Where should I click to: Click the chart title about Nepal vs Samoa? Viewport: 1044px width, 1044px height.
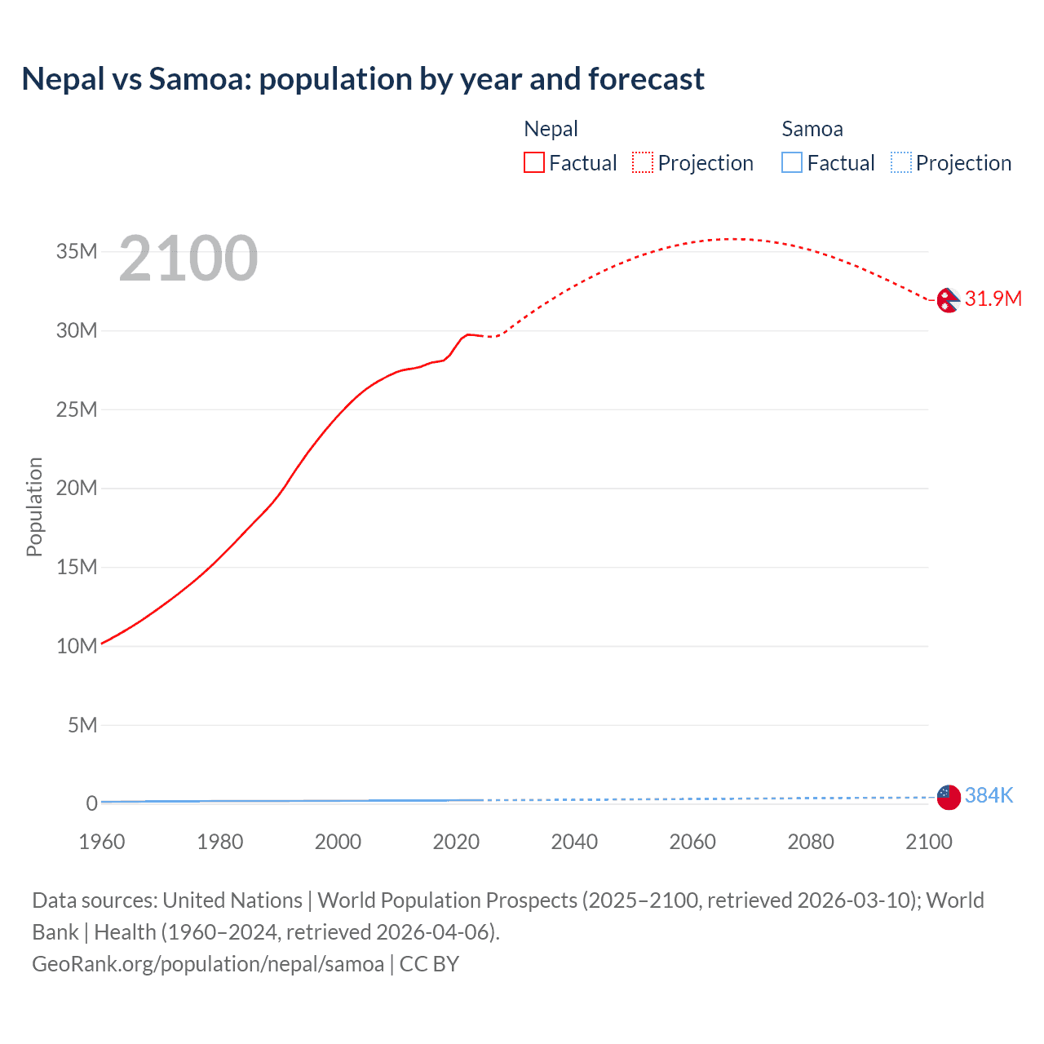coord(363,79)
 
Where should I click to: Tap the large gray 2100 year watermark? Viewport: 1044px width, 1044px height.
coord(188,259)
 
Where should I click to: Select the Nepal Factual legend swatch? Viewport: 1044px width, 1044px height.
coord(533,162)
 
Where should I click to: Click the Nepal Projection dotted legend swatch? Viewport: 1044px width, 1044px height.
coord(643,162)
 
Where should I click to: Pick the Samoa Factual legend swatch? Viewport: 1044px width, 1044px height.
coord(791,162)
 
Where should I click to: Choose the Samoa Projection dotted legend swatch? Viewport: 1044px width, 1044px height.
coord(900,162)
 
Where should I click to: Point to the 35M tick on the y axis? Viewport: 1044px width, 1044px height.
coord(77,251)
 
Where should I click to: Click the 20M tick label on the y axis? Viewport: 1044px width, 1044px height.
coord(77,488)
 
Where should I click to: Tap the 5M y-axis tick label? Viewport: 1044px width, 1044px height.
coord(82,725)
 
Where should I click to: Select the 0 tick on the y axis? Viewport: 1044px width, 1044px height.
coord(91,803)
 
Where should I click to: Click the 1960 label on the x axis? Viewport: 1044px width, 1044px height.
coord(102,842)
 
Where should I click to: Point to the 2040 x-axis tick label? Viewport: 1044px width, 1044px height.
coord(574,842)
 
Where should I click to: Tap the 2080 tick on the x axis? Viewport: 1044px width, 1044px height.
coord(811,842)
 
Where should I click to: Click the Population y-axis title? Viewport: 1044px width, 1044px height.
coord(34,507)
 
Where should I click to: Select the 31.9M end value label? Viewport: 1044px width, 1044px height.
coord(993,299)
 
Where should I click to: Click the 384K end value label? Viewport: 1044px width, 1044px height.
coord(989,795)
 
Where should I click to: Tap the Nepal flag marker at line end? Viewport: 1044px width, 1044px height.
coord(948,300)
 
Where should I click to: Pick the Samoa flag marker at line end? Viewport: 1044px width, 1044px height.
coord(948,797)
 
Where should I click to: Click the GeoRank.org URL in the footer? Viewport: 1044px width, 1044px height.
coord(208,964)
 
